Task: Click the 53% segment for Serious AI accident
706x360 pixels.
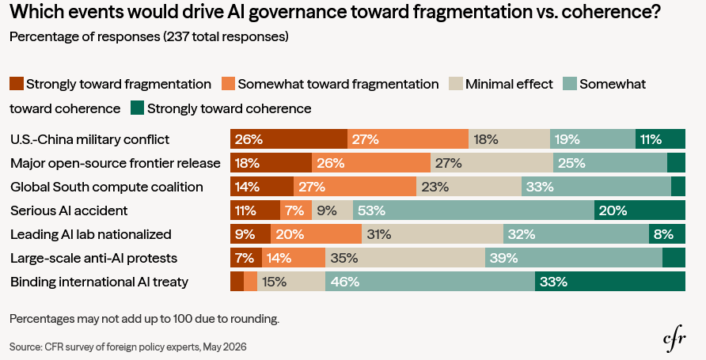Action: pos(473,210)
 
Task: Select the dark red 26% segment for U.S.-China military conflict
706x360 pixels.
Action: pos(289,139)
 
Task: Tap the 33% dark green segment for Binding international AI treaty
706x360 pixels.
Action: pos(610,282)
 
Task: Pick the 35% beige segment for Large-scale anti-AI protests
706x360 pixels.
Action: pos(405,258)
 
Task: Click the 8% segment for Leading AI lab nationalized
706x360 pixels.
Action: pos(667,234)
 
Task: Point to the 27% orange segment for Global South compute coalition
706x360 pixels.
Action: pos(355,186)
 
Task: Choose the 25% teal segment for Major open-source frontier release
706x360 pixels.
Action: pos(610,162)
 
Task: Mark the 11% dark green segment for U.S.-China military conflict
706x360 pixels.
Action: pos(661,139)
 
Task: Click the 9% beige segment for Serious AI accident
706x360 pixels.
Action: pos(332,210)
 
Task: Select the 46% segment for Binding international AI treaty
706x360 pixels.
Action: pos(430,282)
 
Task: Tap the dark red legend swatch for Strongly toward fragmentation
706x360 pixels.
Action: pos(16,84)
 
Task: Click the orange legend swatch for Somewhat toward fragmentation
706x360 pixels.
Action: pos(228,84)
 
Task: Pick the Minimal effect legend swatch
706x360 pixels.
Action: pos(456,84)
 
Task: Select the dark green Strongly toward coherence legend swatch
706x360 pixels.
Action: pos(138,108)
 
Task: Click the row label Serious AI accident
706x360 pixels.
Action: pos(69,210)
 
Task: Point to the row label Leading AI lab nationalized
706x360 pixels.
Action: pos(91,234)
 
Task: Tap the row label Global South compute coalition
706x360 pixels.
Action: pos(107,187)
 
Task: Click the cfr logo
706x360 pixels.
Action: pos(674,339)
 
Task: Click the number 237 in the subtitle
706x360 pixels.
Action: pos(178,36)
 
